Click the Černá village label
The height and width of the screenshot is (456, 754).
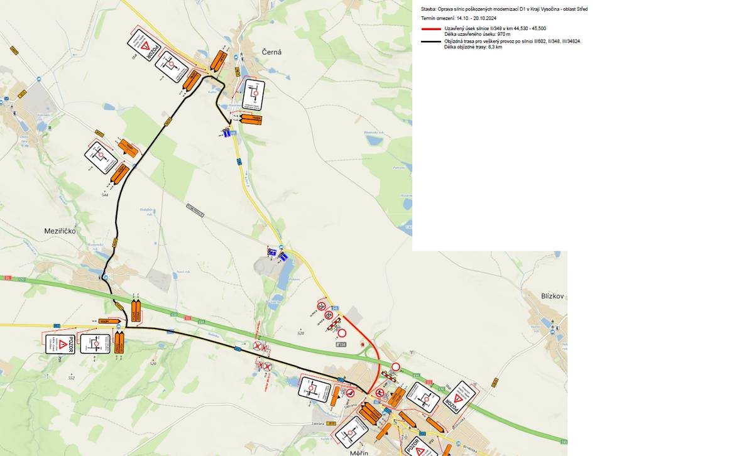(x=271, y=53)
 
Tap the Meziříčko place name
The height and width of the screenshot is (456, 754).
(x=60, y=231)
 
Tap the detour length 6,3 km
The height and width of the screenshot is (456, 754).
(x=494, y=47)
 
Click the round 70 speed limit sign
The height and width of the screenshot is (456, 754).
(x=321, y=307)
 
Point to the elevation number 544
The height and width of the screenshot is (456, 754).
(x=105, y=195)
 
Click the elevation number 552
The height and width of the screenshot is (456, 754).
(x=71, y=377)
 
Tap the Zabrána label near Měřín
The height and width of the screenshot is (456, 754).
(x=318, y=424)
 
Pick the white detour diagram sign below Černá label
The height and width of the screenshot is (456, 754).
(x=254, y=95)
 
